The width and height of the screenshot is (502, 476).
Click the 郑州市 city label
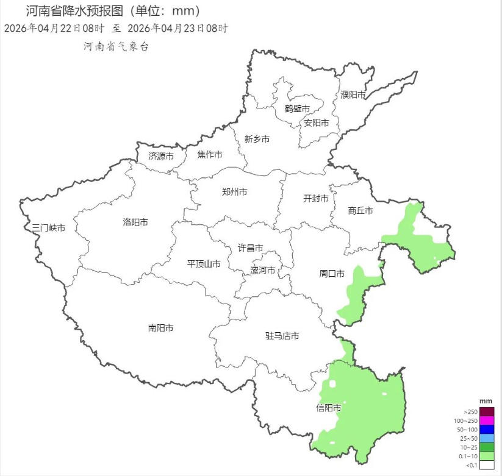(x=235, y=192)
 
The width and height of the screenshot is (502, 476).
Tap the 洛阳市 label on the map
(x=135, y=222)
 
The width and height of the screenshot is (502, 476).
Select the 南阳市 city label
(x=160, y=328)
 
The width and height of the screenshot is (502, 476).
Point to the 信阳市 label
(x=328, y=408)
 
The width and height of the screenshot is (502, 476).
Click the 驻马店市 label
(x=282, y=336)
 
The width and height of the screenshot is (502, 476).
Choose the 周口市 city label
(x=332, y=273)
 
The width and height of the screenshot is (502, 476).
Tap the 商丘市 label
(x=360, y=211)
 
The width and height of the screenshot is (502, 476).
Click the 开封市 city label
(x=316, y=199)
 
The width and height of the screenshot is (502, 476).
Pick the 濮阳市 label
(x=353, y=94)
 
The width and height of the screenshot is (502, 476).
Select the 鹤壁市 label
(x=297, y=108)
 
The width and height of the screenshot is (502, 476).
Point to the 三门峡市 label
(x=49, y=228)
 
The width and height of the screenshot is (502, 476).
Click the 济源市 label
(x=161, y=156)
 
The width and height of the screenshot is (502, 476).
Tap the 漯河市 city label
(x=263, y=271)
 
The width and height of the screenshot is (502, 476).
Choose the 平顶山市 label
(x=204, y=264)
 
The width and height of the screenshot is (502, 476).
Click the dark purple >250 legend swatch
(x=486, y=412)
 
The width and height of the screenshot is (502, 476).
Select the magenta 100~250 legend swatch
(x=486, y=421)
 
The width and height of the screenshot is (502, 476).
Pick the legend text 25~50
(x=468, y=438)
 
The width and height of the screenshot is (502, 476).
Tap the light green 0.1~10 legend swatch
(x=486, y=456)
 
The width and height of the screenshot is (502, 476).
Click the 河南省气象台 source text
(x=116, y=46)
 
